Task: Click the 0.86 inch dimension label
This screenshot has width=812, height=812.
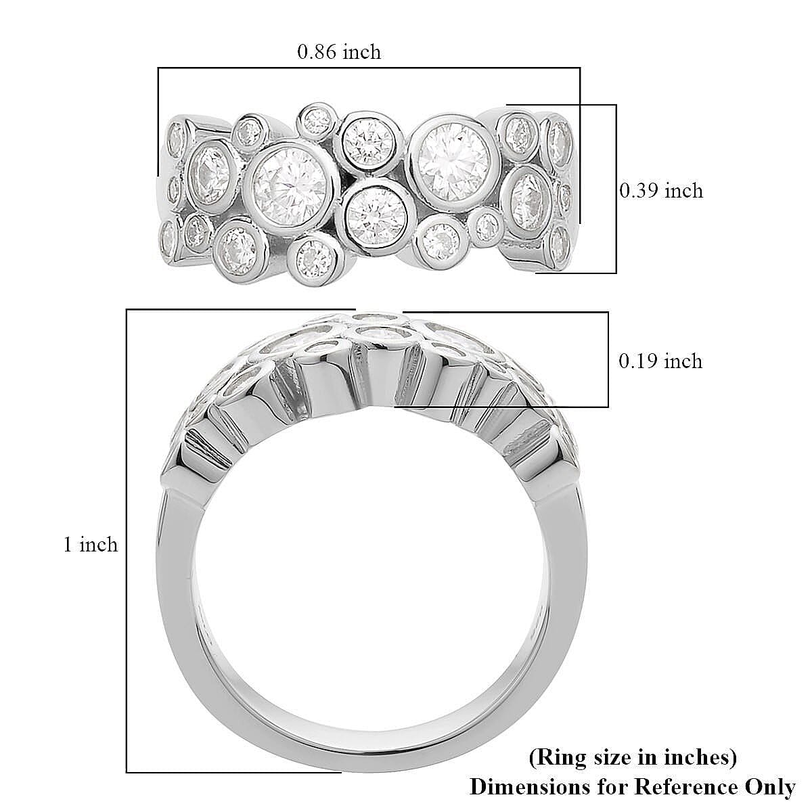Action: (339, 51)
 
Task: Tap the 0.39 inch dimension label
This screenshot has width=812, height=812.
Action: (661, 191)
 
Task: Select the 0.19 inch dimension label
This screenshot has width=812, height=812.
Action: (660, 361)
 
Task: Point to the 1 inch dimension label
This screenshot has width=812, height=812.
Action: (91, 544)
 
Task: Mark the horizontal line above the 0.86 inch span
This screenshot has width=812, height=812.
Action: (369, 68)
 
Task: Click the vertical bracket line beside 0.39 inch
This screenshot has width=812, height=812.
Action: (616, 189)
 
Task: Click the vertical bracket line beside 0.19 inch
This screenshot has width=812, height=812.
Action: (608, 359)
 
